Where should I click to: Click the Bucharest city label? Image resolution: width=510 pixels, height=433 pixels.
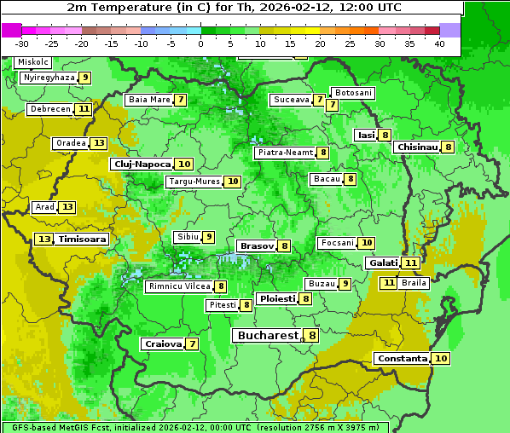tap(268, 336)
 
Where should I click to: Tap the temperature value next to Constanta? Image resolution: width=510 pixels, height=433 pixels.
tap(441, 359)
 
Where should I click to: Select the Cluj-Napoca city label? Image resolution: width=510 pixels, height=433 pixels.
tap(142, 164)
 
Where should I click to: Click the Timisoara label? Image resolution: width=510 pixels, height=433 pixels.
tap(82, 240)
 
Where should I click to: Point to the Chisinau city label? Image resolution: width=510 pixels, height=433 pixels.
tap(417, 147)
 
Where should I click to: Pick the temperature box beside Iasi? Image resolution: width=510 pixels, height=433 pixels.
tap(385, 135)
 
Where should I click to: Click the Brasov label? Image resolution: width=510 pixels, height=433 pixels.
tap(257, 245)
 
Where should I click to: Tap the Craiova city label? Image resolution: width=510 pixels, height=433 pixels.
tap(163, 344)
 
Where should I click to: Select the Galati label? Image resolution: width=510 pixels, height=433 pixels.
tap(383, 263)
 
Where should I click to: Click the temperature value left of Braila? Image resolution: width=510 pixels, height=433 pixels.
tap(389, 282)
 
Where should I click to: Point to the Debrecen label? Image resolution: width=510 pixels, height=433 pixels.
tap(49, 109)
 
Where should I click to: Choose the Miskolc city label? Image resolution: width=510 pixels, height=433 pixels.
tap(33, 62)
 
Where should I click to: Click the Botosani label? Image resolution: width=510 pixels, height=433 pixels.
tap(353, 92)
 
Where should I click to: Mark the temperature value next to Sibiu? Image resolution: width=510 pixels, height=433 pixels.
tap(208, 236)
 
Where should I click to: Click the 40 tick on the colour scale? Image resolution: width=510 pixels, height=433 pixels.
tap(439, 43)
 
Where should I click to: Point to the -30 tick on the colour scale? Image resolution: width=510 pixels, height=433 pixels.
tap(22, 43)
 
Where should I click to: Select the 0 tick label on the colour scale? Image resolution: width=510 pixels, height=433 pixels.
tap(200, 43)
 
